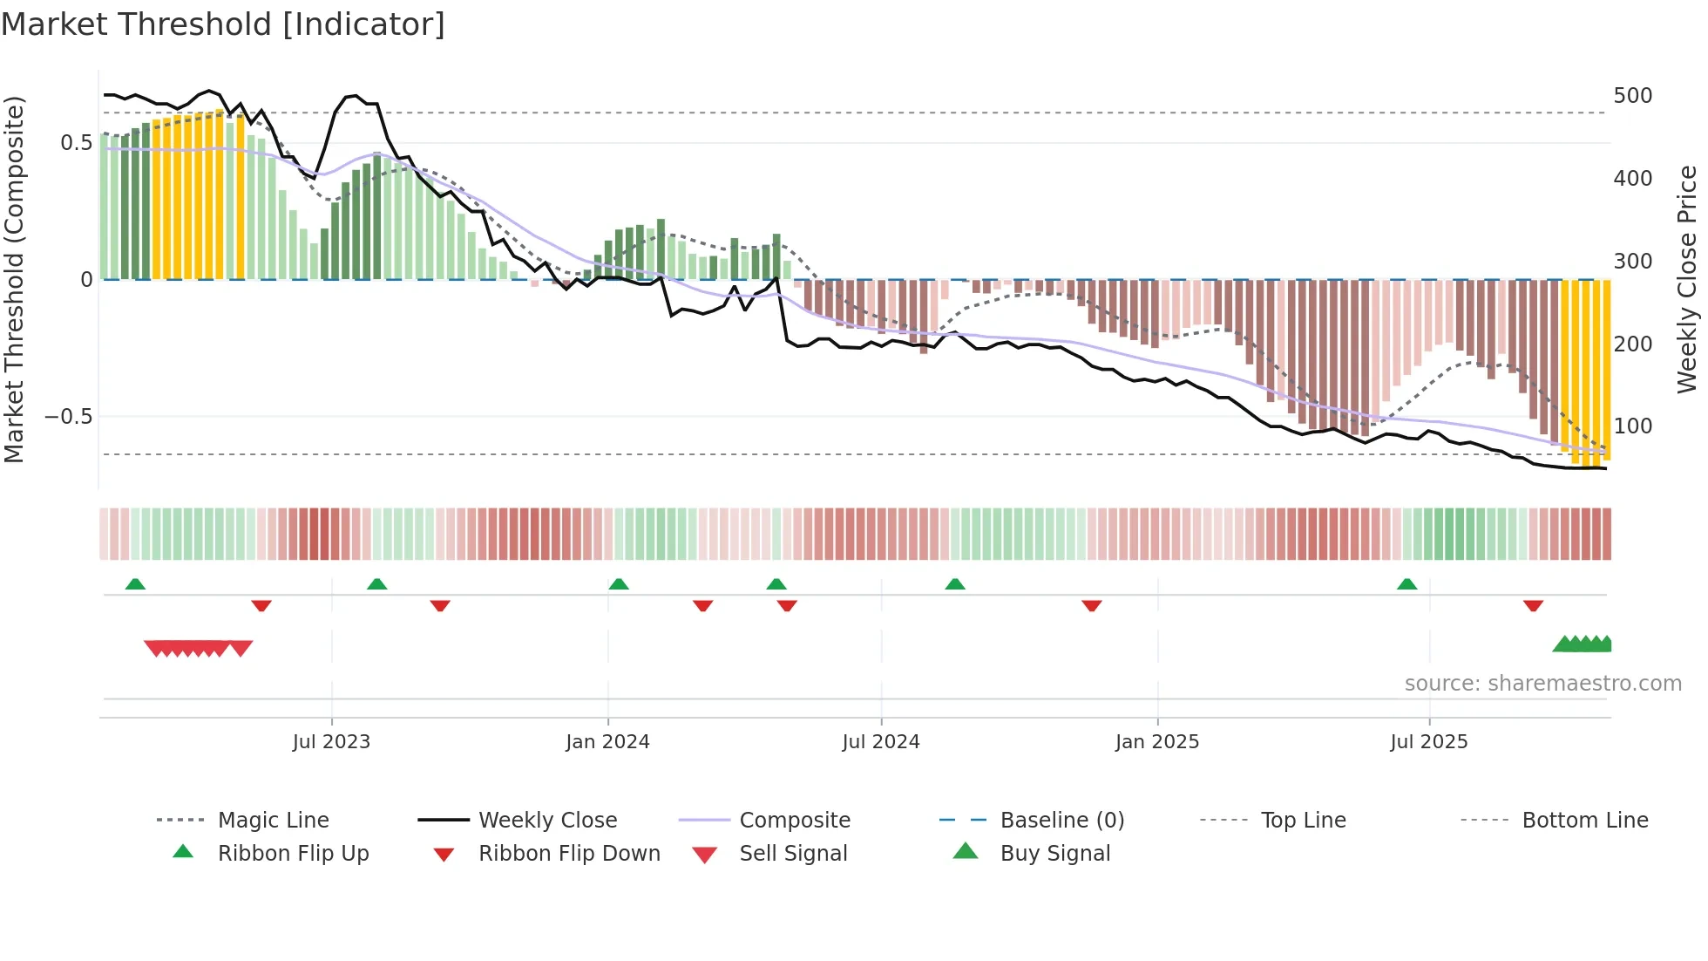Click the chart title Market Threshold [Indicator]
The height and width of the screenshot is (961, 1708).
(x=223, y=24)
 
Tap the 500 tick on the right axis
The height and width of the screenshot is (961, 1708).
(x=1632, y=96)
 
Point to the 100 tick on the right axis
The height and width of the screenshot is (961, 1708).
(x=1632, y=426)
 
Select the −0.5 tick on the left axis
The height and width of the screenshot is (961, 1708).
(x=68, y=417)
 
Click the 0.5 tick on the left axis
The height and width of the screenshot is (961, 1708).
(x=76, y=143)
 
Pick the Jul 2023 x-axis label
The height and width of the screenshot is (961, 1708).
(x=331, y=742)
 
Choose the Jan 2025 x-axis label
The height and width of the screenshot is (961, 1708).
(x=1156, y=742)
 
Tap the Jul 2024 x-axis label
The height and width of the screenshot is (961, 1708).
(x=880, y=742)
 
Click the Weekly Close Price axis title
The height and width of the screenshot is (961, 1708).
(x=1687, y=279)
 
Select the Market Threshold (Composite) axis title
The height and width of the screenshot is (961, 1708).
(x=14, y=279)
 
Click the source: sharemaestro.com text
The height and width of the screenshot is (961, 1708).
(x=1542, y=684)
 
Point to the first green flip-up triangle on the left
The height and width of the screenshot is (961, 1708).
(x=135, y=584)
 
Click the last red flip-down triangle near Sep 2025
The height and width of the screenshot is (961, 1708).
(x=1533, y=606)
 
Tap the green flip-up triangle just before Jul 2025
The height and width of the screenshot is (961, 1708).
(x=1406, y=584)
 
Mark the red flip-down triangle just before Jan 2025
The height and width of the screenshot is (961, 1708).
(x=1091, y=606)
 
